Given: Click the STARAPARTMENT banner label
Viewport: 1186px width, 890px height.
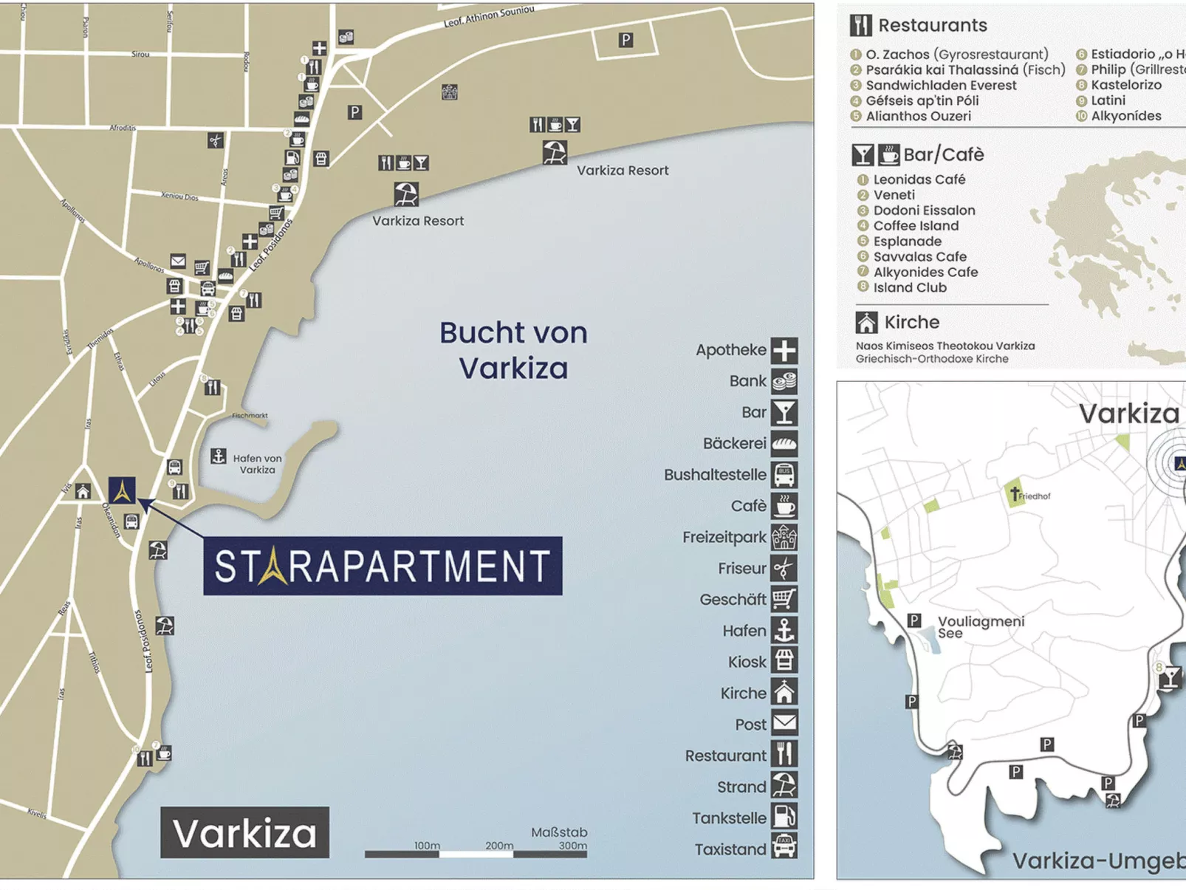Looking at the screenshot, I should click(383, 566).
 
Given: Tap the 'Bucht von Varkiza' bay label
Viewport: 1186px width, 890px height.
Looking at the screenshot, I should click(513, 350).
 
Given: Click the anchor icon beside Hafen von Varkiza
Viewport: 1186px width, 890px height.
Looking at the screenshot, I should click(219, 456).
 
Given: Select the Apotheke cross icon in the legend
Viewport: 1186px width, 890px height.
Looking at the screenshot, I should click(784, 350).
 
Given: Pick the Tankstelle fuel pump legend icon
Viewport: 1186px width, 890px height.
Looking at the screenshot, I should click(784, 817).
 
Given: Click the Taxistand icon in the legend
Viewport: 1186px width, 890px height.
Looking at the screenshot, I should click(784, 847).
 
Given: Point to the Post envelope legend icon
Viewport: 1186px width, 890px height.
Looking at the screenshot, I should click(784, 723).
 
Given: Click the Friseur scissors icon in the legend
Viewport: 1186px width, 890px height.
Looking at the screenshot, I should click(784, 568).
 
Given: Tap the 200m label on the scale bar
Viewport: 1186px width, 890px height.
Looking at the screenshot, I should click(499, 845).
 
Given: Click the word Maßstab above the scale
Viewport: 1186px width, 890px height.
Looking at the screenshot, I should click(559, 832).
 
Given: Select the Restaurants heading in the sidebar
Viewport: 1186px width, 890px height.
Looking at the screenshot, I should click(932, 25).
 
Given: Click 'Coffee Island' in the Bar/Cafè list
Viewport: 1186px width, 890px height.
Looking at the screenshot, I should click(916, 226).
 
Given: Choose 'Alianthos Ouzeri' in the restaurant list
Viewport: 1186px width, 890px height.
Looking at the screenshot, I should click(918, 116).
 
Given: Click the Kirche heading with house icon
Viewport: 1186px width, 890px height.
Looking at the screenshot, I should click(911, 322).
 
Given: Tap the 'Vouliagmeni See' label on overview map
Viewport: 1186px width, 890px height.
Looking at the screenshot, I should click(980, 626).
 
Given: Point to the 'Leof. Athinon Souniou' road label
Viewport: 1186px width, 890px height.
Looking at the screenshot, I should click(488, 16).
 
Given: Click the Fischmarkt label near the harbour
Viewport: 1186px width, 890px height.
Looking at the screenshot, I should click(250, 415).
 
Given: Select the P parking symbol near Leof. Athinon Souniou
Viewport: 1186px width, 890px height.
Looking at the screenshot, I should click(625, 40).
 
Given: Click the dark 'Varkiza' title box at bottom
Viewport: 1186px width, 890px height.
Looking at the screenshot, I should click(244, 832).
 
